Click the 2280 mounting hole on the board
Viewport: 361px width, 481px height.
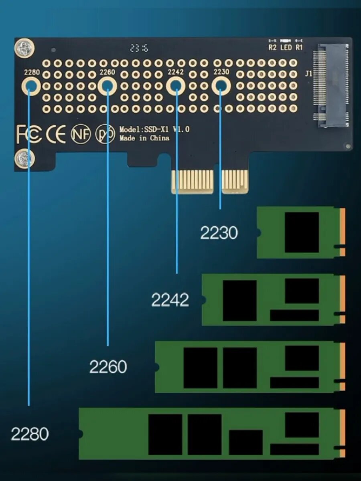(31, 85)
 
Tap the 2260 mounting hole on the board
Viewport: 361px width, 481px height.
(107, 85)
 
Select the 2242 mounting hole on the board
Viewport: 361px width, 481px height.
(176, 85)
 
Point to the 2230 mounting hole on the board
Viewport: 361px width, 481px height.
(221, 85)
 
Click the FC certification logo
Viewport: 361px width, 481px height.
(29, 134)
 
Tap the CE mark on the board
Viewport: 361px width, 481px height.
(56, 134)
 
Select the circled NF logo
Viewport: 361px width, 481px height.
(81, 134)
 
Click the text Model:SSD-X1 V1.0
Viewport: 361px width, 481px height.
(154, 129)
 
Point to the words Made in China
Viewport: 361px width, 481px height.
(144, 138)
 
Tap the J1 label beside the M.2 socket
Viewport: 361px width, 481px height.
(308, 74)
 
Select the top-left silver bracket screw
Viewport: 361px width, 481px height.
(23, 48)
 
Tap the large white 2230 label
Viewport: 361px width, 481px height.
(219, 233)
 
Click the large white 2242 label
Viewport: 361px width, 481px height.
(170, 300)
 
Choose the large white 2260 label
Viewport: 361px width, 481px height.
(108, 367)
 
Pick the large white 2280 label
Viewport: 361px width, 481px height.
(30, 434)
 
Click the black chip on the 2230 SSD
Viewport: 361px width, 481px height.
(302, 232)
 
